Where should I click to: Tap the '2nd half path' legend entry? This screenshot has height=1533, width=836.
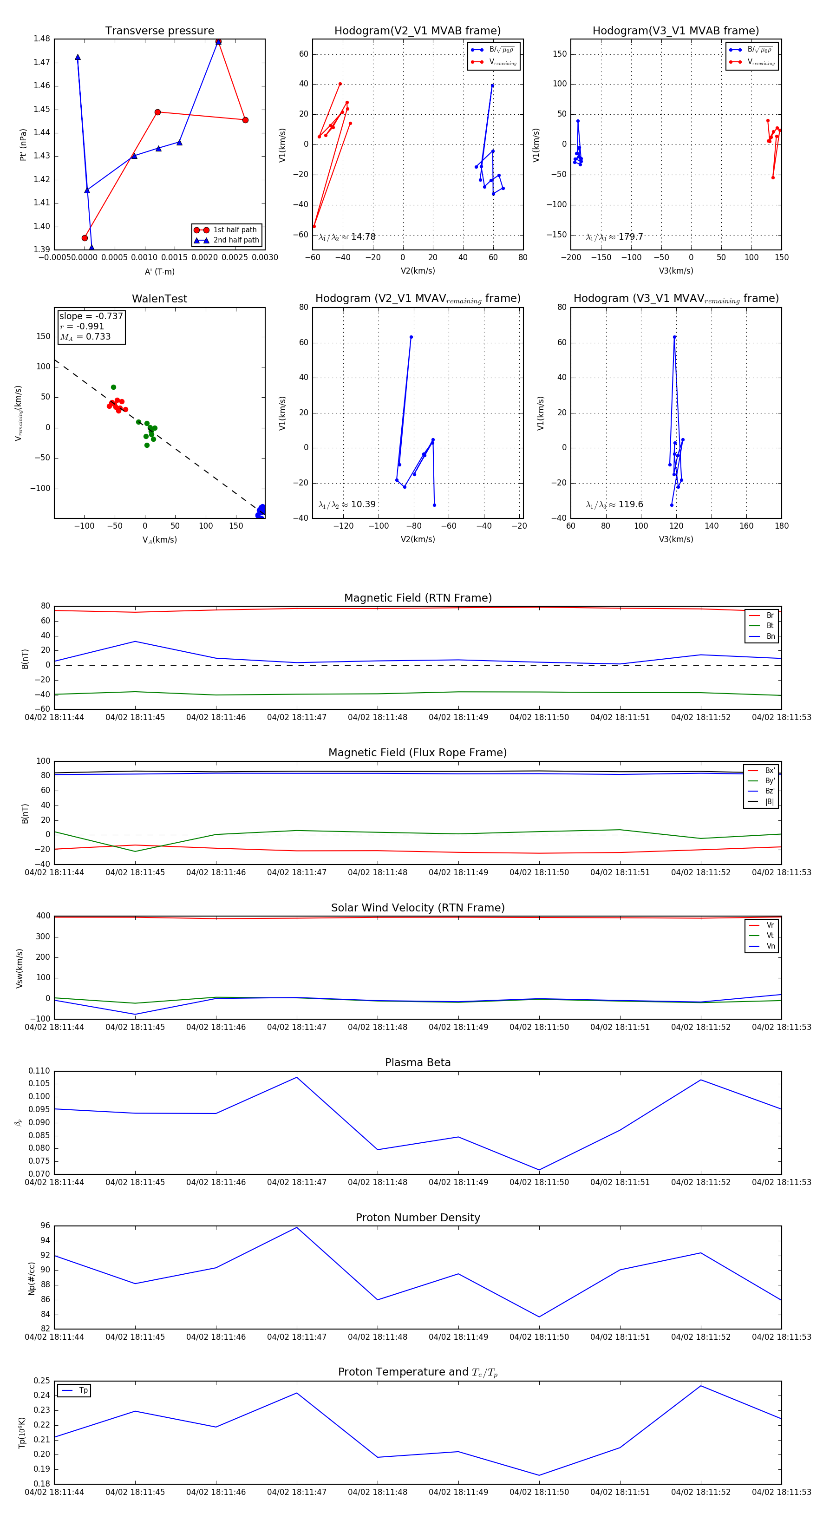(235, 241)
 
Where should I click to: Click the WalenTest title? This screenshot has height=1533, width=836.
(159, 299)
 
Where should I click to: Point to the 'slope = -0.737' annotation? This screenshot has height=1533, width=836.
(91, 316)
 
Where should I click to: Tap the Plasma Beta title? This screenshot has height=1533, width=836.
(418, 1062)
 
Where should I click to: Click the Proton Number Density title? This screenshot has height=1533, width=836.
(418, 1218)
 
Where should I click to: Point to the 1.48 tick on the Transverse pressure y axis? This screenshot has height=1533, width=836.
(42, 39)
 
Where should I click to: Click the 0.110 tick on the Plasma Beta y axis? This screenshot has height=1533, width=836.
(39, 1071)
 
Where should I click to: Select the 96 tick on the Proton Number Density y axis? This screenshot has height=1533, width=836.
(45, 1226)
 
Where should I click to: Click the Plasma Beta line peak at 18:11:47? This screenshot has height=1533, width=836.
(297, 1077)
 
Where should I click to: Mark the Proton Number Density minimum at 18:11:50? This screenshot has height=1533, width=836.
(539, 1317)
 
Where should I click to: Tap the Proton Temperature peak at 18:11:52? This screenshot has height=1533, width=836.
(701, 1386)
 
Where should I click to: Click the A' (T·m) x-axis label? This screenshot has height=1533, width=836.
(159, 271)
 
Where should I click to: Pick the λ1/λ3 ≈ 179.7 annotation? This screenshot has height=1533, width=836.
(614, 237)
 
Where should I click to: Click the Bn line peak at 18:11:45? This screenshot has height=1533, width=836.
(135, 642)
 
